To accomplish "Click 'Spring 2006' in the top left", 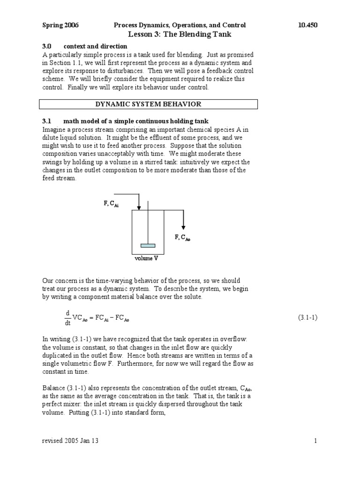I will coord(60,25).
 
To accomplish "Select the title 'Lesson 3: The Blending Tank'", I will coord(180,34).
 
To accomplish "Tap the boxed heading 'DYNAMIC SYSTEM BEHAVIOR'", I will coord(148,104).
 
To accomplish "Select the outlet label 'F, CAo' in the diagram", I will coord(183,238).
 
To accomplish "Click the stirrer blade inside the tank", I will coord(148,245).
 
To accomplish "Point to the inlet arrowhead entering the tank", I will coord(139,207).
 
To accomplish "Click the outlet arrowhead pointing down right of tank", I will coord(183,227).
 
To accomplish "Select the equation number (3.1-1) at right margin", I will coord(308,317).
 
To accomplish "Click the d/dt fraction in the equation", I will coord(67,317).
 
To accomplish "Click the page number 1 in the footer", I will coord(316,441).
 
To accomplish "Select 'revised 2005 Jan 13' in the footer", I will coord(70,441).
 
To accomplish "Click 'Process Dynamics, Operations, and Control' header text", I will coord(180,25).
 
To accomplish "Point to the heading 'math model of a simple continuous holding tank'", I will coord(133,121).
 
